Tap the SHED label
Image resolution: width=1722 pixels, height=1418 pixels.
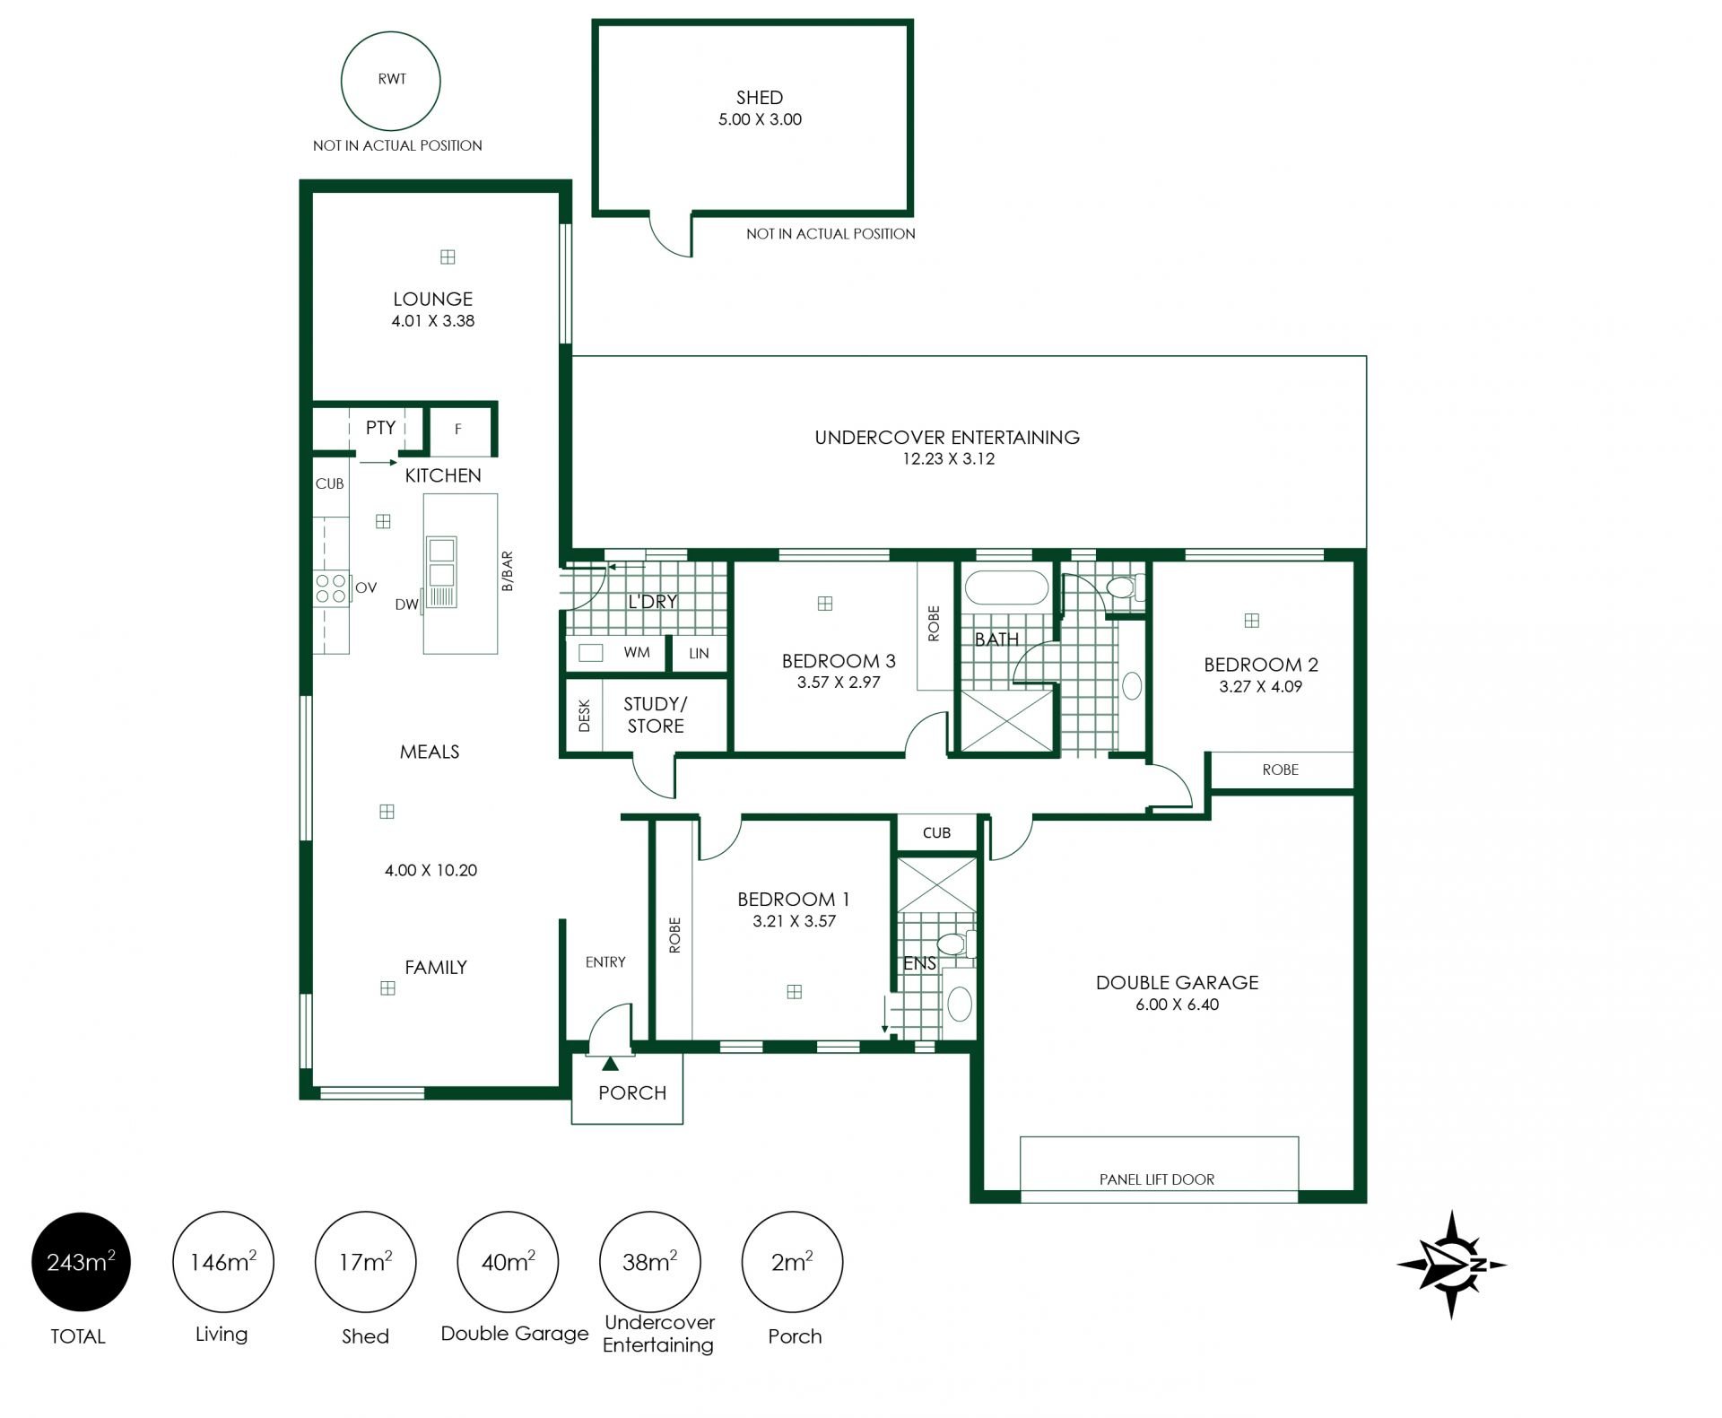point(760,98)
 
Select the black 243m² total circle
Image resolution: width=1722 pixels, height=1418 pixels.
point(81,1262)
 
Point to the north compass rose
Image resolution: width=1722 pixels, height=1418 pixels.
point(1451,1265)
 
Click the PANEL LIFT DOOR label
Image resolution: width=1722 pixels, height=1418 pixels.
point(1157,1179)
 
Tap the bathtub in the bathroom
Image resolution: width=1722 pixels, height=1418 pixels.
point(1006,588)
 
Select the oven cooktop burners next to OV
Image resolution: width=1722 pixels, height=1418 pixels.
point(331,587)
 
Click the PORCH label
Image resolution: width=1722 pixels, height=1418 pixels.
point(632,1092)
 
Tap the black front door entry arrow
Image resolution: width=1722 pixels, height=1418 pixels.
point(610,1064)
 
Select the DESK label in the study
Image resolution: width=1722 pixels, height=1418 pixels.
point(585,716)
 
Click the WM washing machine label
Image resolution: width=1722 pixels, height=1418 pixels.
point(637,652)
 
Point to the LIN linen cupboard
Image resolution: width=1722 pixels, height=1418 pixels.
point(699,653)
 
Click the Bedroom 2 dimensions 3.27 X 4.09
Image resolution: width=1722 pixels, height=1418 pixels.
point(1260,687)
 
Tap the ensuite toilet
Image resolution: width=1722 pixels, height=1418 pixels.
point(952,944)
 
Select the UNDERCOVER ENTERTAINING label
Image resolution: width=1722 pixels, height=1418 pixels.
point(947,438)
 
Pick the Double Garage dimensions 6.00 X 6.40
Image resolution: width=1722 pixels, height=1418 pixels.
point(1177,1005)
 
